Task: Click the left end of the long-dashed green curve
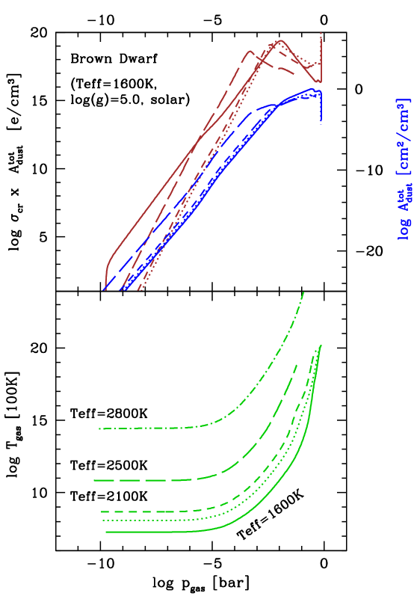pyautogui.click(x=95, y=480)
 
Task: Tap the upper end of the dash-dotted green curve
pyautogui.click(x=304, y=292)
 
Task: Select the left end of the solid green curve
pyautogui.click(x=107, y=532)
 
